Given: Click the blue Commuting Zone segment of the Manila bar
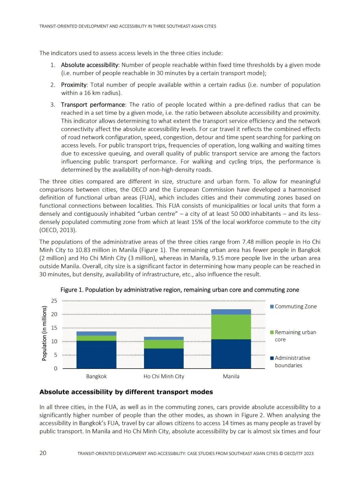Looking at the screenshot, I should [231, 312].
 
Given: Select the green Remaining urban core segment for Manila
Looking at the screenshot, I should [231, 327].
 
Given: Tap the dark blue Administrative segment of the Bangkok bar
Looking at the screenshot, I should [96, 354].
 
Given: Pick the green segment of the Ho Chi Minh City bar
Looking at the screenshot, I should [164, 344].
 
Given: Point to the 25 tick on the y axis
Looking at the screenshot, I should [54, 301].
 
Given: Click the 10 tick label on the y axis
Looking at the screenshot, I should [54, 341].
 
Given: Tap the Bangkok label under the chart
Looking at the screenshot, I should [96, 376].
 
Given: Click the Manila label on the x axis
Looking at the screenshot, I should [231, 376].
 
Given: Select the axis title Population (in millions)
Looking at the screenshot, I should [44, 334].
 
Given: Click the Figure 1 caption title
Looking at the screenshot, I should [180, 290].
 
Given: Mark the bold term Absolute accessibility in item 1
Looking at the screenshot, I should [89, 65].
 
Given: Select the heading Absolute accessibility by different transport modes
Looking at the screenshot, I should [126, 392].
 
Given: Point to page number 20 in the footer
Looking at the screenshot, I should [43, 453].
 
